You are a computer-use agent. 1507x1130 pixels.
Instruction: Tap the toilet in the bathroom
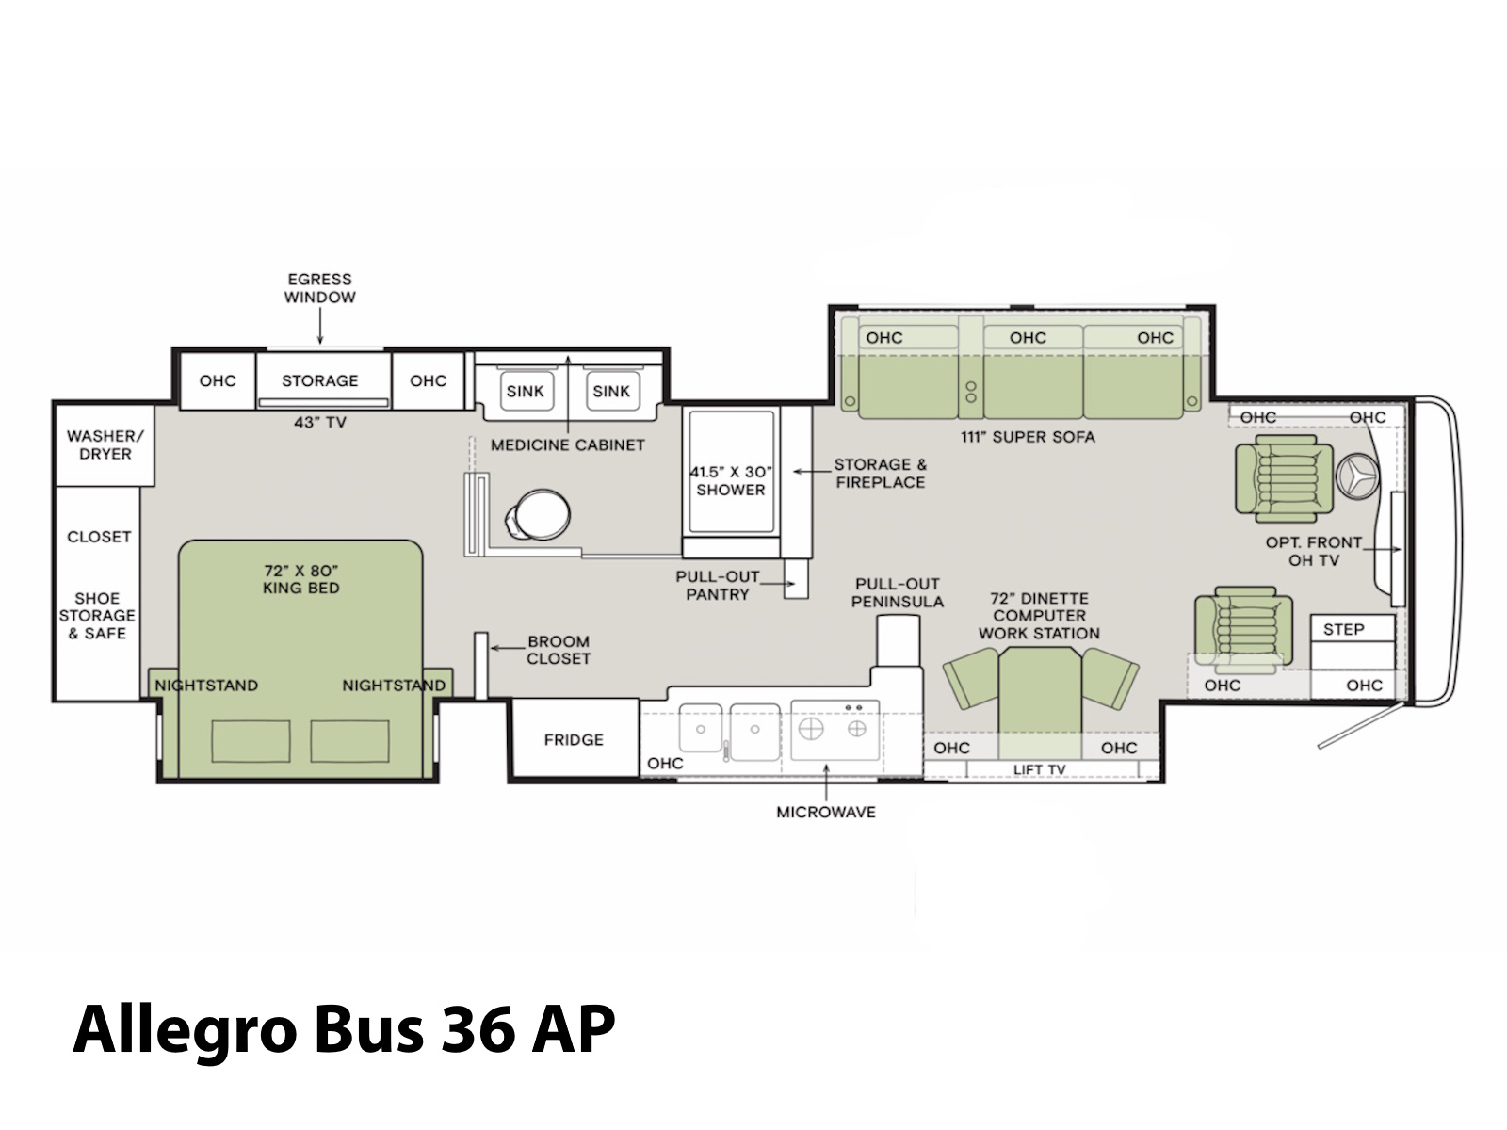538,514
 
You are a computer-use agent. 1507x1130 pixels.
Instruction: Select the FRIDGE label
574,739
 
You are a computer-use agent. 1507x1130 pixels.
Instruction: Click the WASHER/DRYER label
105,444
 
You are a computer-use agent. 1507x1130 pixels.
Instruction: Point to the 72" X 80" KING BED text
301,579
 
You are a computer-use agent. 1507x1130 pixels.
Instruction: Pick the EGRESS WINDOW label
320,288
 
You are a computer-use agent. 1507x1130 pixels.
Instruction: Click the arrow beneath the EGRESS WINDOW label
320,326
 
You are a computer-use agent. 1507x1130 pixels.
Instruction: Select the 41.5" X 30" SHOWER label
731,481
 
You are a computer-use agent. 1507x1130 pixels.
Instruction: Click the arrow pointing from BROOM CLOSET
507,648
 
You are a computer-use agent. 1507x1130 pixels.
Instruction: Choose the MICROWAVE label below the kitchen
826,812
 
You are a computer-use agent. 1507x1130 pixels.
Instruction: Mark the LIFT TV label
1040,769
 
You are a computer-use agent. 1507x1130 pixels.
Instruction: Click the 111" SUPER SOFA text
1028,436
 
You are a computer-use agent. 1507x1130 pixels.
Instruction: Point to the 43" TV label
320,422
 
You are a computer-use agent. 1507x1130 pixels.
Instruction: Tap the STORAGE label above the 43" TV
320,380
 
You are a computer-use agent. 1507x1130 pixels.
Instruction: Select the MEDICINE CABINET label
568,444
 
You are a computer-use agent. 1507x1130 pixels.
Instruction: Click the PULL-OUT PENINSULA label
898,593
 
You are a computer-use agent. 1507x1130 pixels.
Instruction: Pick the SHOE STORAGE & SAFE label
98,616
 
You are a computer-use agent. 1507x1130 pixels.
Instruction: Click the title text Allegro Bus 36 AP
343,1031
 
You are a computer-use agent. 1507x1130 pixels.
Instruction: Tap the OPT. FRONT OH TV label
1314,551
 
